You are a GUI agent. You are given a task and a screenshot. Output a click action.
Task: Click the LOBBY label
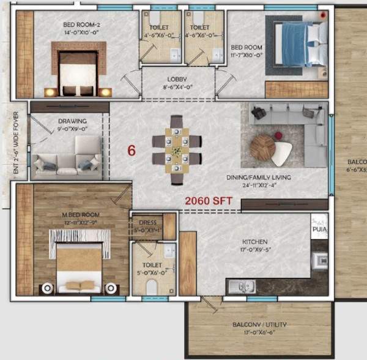click(177, 79)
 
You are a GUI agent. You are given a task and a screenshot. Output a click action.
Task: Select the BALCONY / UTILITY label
click(259, 324)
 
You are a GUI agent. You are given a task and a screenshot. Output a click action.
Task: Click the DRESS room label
click(148, 222)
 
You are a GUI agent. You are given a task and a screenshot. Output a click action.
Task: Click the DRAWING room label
click(72, 121)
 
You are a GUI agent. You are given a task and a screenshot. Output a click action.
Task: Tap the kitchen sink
click(243, 285)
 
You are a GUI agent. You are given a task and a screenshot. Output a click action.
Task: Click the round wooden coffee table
click(262, 148)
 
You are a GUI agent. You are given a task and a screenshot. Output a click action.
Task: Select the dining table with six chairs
click(177, 149)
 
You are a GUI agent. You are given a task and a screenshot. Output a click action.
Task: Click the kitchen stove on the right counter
click(319, 260)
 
